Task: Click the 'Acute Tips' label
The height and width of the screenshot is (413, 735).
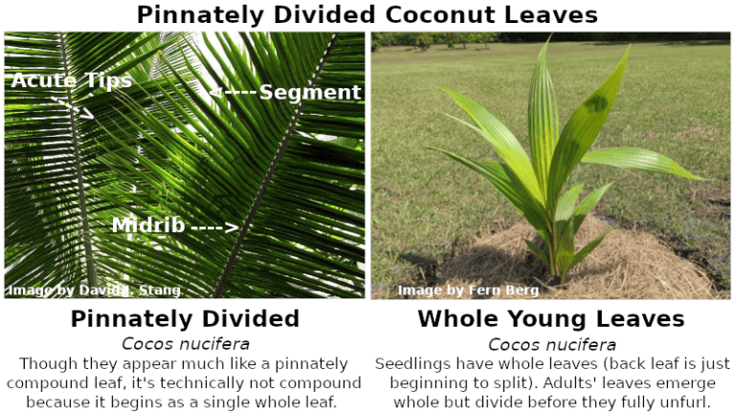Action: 72,80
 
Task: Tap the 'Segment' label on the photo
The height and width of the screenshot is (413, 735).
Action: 310,92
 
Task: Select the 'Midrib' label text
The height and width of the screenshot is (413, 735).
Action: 147,226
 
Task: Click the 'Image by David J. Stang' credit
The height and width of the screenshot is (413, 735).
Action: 95,290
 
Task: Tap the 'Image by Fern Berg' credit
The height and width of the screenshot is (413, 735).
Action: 468,290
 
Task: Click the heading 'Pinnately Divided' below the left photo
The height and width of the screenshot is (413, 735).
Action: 185,318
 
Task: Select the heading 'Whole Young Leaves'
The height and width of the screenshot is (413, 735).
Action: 550,318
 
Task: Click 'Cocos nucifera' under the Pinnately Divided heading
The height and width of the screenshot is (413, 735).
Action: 185,343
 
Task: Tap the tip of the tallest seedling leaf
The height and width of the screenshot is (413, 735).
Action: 548,38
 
